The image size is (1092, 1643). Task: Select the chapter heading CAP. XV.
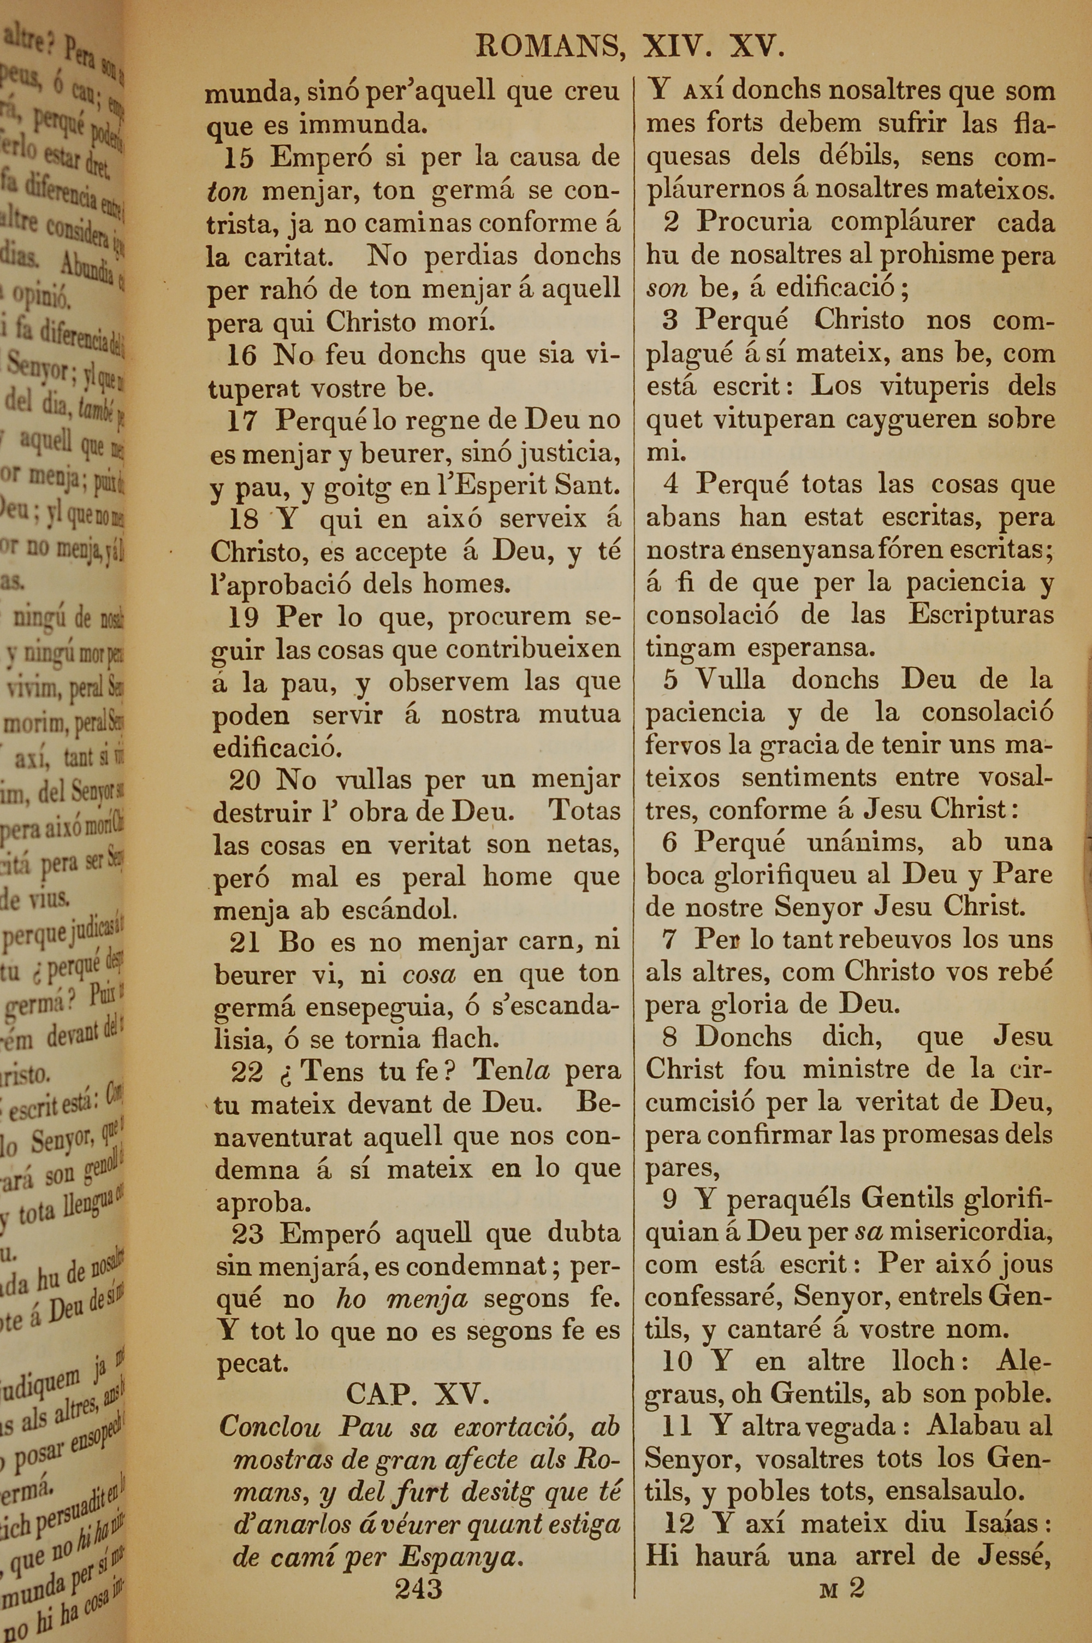(418, 1392)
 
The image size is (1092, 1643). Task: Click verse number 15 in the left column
(238, 158)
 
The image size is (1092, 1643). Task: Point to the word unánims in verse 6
(865, 842)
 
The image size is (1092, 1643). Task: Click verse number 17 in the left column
(242, 421)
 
